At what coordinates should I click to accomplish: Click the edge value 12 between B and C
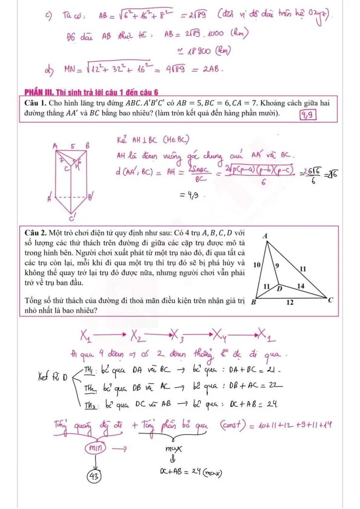(x=290, y=302)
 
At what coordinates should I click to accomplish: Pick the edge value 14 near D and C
(x=300, y=286)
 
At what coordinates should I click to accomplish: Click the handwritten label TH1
(x=88, y=369)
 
